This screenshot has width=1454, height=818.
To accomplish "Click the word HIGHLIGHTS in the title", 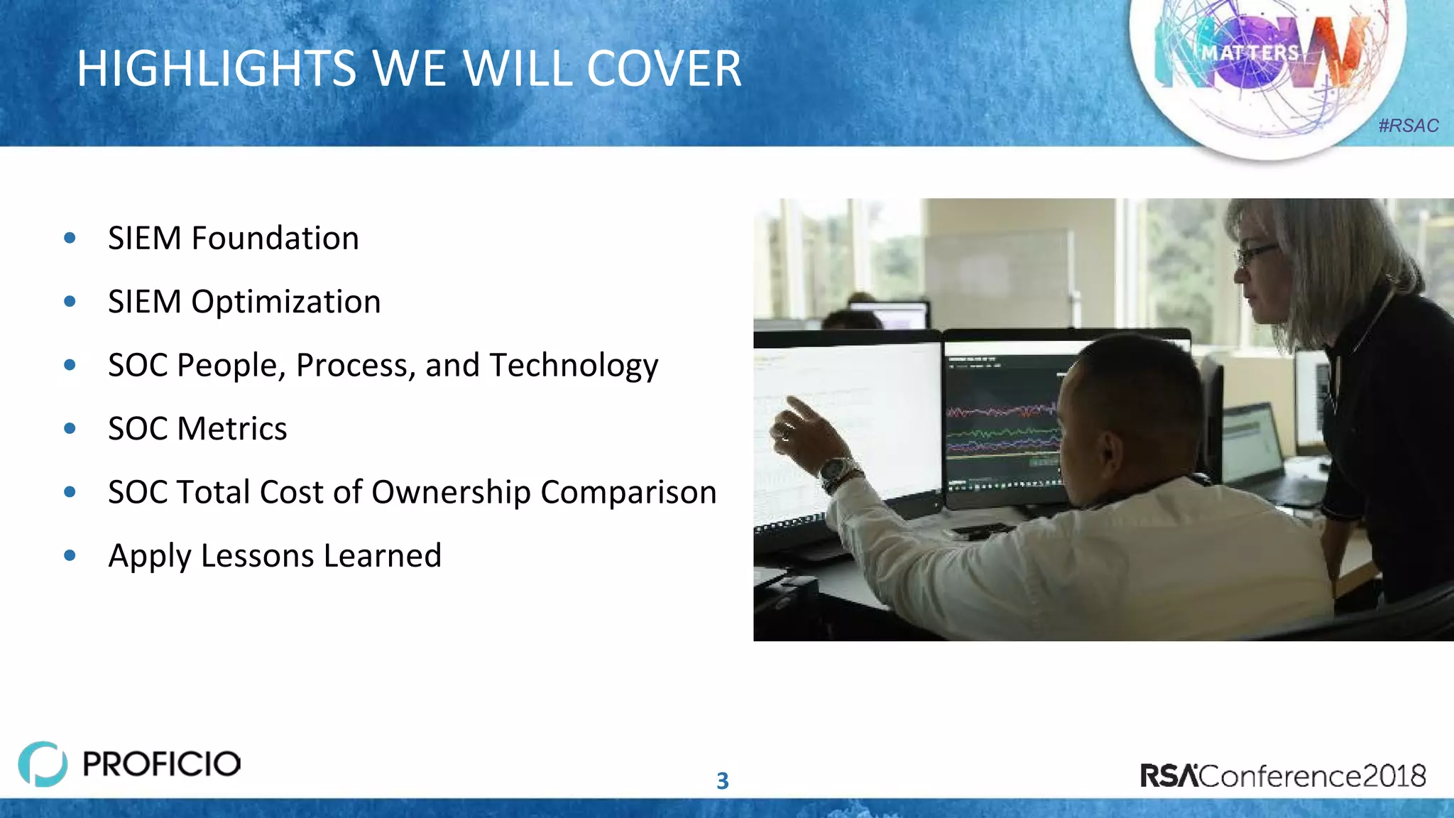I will (x=217, y=69).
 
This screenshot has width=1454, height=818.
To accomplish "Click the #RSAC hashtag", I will (x=1408, y=126).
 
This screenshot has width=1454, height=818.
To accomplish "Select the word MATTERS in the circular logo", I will (x=1250, y=53).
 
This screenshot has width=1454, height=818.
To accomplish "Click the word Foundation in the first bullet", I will (x=275, y=238).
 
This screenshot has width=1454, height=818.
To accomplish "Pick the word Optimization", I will (x=285, y=302).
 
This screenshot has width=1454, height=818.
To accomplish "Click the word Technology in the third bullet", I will (x=574, y=366).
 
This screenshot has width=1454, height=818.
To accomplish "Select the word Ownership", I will (x=450, y=493).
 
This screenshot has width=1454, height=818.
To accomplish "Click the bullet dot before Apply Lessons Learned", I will (x=70, y=555).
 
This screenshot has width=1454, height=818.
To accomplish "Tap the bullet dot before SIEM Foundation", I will (x=70, y=238).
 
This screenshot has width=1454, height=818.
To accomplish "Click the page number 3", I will (x=722, y=781).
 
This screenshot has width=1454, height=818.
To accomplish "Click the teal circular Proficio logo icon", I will (x=43, y=764).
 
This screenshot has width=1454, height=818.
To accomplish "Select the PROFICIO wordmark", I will (x=162, y=764).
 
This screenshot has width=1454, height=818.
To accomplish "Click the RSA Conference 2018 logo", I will (x=1282, y=775).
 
